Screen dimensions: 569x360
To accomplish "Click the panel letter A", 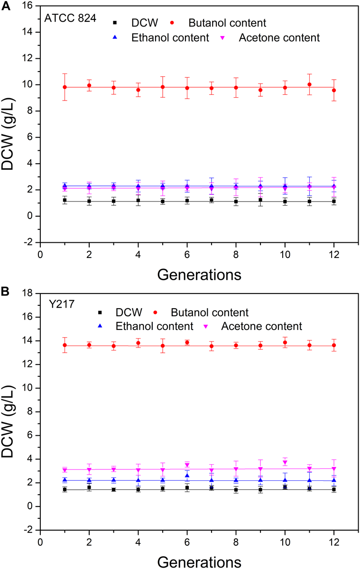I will [x=5, y=6].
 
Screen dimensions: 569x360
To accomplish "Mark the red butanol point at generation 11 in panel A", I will [x=309, y=85].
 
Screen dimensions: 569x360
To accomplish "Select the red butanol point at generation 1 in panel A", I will [x=65, y=87].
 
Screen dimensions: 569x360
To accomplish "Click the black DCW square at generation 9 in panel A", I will [x=260, y=200].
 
